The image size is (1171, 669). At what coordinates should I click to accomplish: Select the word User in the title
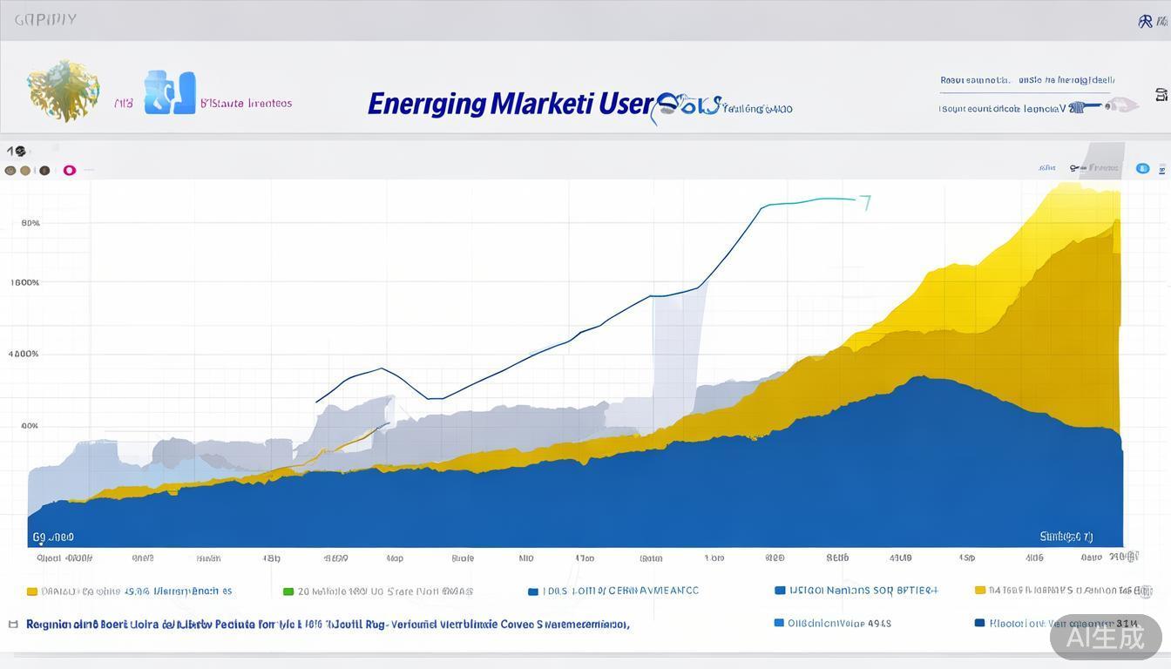pyautogui.click(x=625, y=104)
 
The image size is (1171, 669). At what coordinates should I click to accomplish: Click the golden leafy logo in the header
pyautogui.click(x=62, y=90)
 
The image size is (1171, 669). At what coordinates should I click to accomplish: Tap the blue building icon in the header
pyautogui.click(x=170, y=92)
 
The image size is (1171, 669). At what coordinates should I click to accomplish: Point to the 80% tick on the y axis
pyautogui.click(x=30, y=223)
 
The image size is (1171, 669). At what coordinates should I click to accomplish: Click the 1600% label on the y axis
pyautogui.click(x=25, y=282)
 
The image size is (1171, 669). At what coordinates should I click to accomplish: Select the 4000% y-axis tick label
pyautogui.click(x=24, y=354)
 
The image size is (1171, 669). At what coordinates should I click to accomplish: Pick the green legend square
pyautogui.click(x=288, y=591)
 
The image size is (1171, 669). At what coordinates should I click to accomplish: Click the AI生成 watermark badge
pyautogui.click(x=1106, y=637)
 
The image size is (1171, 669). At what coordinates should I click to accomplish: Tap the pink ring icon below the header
pyautogui.click(x=70, y=171)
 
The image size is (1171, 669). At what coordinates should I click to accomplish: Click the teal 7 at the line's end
pyautogui.click(x=865, y=203)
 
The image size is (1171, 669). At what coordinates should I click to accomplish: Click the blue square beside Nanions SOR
pyautogui.click(x=780, y=591)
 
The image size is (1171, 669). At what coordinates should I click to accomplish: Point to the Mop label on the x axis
pyautogui.click(x=395, y=558)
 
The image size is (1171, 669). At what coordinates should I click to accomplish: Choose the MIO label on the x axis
pyautogui.click(x=526, y=558)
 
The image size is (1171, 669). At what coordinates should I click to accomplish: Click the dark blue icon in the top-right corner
pyautogui.click(x=1146, y=21)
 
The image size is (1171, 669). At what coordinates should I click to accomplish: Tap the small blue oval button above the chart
pyautogui.click(x=1142, y=168)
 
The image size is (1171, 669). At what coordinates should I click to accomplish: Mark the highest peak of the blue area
pyautogui.click(x=918, y=377)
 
